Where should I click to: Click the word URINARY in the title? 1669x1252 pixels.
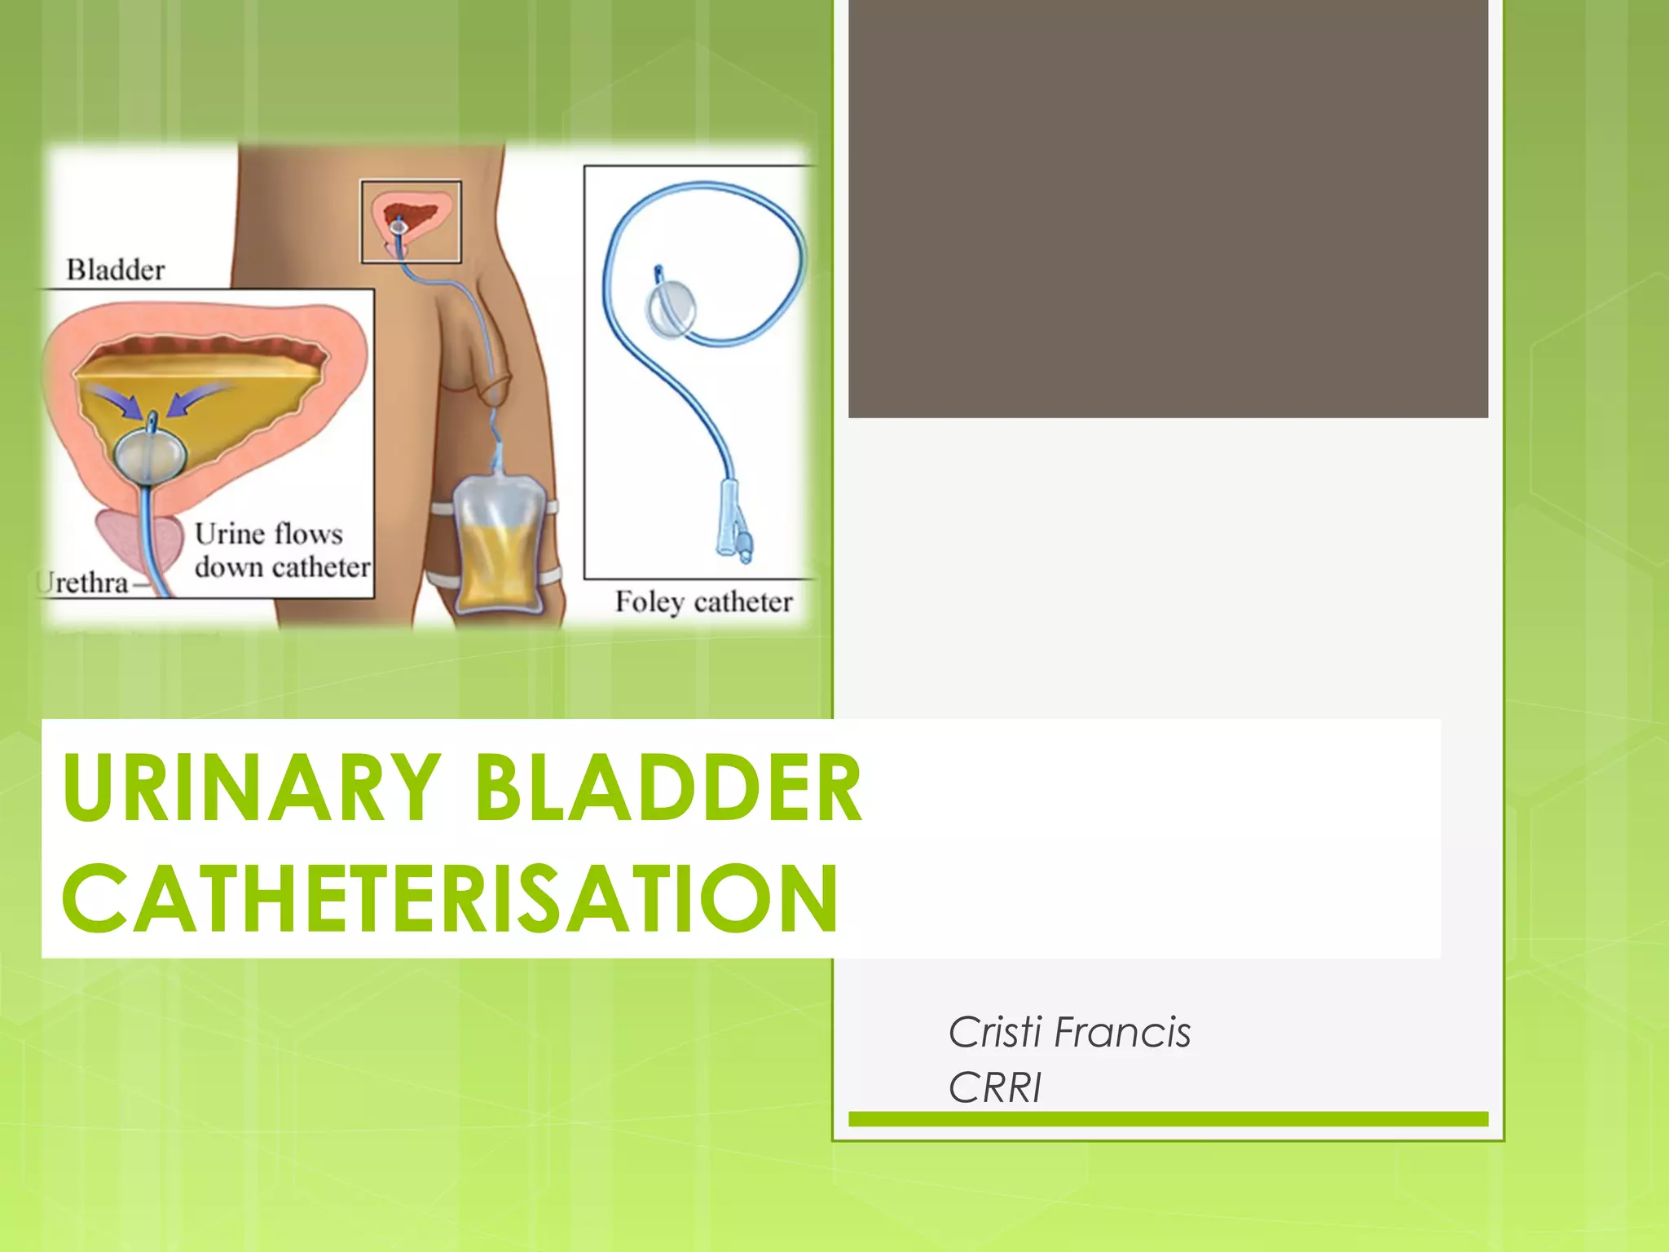point(251,787)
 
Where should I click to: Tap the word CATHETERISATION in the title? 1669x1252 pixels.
point(450,899)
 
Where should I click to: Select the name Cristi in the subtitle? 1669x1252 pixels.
point(995,1033)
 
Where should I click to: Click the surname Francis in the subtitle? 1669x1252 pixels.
point(1122,1033)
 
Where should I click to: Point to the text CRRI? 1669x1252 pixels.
point(995,1088)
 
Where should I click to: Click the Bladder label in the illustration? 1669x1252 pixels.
point(115,270)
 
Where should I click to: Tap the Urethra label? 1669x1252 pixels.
point(85,583)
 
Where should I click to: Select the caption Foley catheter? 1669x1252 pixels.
point(703,602)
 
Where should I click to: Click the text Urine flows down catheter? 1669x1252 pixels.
point(281,551)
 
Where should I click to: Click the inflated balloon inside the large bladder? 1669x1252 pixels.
point(149,457)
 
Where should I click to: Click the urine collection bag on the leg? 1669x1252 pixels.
point(497,544)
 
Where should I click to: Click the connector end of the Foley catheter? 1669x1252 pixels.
point(733,530)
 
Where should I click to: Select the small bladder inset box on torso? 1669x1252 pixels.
point(411,222)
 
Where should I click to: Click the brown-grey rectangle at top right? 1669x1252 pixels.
point(1168,208)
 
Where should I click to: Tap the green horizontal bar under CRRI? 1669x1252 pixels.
point(1168,1119)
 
